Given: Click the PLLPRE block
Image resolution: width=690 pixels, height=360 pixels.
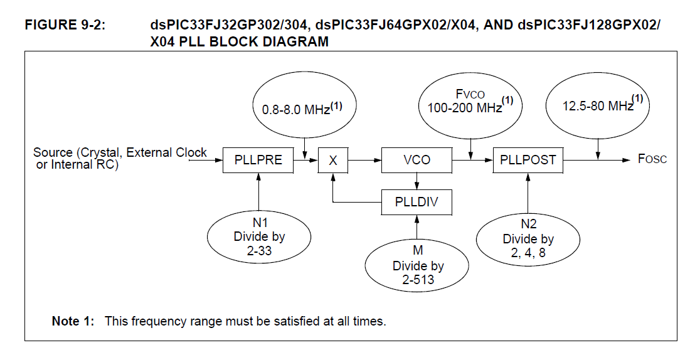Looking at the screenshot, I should [258, 160].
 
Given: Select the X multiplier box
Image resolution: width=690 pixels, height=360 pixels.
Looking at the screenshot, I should [333, 160].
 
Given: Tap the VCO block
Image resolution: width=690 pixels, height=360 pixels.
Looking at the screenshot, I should [417, 160].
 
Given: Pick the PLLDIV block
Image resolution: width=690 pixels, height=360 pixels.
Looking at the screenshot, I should [417, 202].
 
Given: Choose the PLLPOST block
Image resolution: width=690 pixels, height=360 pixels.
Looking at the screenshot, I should [528, 160].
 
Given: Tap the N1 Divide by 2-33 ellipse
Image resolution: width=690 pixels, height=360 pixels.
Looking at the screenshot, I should [259, 236].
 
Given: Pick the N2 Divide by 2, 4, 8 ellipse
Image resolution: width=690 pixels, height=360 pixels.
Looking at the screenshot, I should [528, 239].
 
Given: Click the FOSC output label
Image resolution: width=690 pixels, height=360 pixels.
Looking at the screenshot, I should [652, 159].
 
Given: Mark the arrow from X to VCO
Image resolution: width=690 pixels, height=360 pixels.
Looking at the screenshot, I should [365, 160].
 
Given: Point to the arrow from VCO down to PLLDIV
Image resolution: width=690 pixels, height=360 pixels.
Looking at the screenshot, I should [417, 181].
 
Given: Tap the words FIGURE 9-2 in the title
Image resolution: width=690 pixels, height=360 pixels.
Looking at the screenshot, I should [60, 26].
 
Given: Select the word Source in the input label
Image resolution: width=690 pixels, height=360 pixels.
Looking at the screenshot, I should [53, 152].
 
